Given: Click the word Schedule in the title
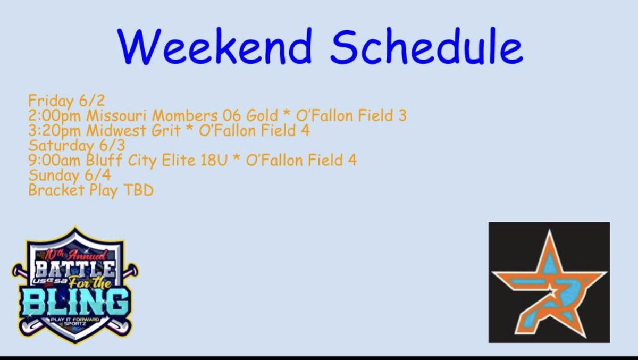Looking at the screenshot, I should tap(426, 47).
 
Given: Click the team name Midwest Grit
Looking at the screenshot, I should tap(132, 130).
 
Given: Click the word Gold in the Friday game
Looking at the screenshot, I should tap(261, 115).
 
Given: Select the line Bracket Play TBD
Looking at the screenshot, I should tap(90, 190).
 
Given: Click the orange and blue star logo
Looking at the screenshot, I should tap(549, 281).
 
